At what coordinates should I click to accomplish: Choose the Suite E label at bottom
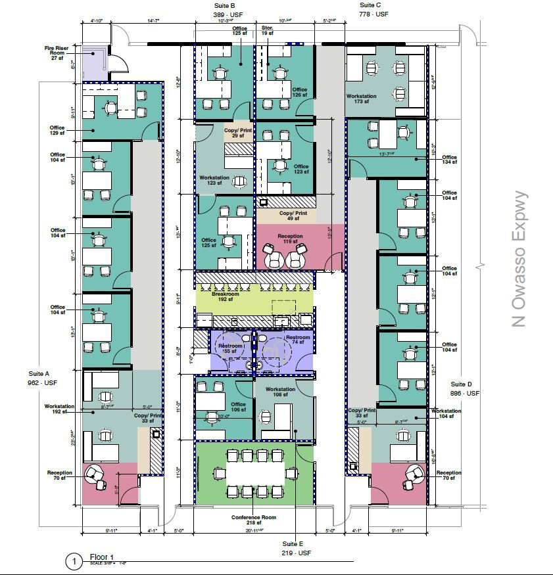(x=297, y=549)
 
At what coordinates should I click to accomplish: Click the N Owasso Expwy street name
(x=520, y=259)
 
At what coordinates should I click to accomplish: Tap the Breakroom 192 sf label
(x=225, y=297)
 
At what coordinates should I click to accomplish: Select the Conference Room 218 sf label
(x=253, y=520)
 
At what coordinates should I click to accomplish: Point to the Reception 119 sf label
(x=290, y=239)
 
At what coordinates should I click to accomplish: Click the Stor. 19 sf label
(x=267, y=32)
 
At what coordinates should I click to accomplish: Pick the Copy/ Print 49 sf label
(x=293, y=216)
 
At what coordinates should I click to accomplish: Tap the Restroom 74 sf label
(x=297, y=340)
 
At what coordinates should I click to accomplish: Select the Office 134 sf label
(x=449, y=160)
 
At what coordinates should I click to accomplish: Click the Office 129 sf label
(x=57, y=131)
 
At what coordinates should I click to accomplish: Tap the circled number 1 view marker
(x=74, y=562)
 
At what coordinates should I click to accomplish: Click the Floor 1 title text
(x=102, y=557)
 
